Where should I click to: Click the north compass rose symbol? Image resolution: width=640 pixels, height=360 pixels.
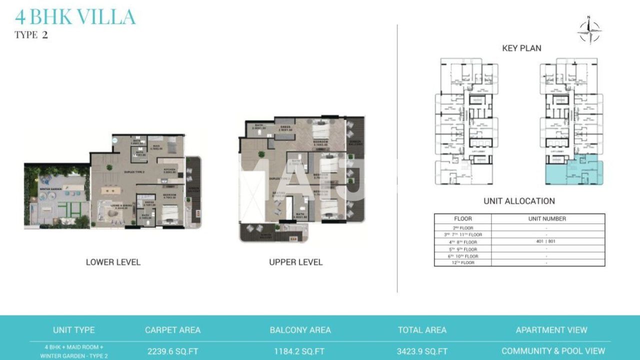(x=589, y=30)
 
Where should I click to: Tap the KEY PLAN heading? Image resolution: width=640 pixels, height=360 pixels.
(x=521, y=48)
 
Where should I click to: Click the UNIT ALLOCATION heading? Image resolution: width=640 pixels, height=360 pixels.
(x=519, y=201)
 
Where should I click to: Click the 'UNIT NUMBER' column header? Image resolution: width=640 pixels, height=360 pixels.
(x=547, y=218)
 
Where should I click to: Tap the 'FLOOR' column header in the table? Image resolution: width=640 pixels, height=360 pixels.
(x=462, y=218)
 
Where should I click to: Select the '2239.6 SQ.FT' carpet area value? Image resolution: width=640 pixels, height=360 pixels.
(x=172, y=351)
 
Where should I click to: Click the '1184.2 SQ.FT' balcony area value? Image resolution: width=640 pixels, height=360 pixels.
(x=299, y=351)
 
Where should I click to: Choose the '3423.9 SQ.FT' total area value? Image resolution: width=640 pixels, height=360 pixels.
(x=422, y=351)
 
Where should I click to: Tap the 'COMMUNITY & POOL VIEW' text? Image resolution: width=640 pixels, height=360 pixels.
(x=553, y=351)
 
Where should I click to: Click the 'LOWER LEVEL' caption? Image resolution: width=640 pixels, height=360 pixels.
(x=113, y=262)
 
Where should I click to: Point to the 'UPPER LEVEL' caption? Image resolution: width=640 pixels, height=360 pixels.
(x=296, y=262)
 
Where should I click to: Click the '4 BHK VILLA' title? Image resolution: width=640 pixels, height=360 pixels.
(x=75, y=17)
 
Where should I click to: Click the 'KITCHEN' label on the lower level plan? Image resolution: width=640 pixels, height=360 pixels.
(x=170, y=169)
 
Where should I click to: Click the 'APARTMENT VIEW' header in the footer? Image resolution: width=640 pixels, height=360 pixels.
(x=551, y=330)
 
